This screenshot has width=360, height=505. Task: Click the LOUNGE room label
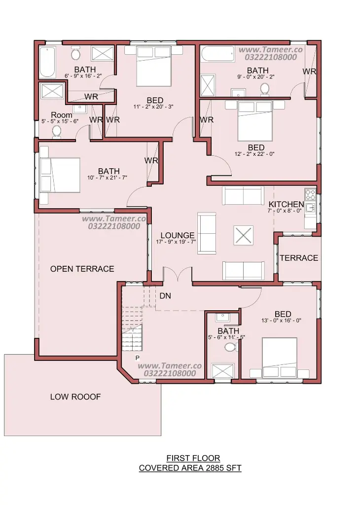(178, 235)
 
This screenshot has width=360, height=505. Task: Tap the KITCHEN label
(286, 204)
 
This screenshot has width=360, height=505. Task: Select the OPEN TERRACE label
(82, 269)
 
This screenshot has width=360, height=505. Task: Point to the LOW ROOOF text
(75, 397)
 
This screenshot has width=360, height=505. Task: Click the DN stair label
(165, 296)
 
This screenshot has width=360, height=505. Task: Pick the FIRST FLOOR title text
(193, 458)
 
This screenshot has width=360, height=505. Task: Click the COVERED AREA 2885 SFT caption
(190, 468)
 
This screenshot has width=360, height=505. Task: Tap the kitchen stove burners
(310, 194)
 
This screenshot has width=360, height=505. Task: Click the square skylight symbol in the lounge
(244, 235)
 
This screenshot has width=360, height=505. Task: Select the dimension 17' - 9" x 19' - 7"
(176, 242)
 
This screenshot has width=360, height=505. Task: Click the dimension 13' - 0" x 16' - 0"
(281, 321)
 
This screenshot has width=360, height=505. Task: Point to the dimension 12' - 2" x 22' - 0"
(254, 154)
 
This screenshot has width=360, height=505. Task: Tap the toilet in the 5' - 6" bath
(230, 347)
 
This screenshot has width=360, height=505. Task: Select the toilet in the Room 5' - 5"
(57, 131)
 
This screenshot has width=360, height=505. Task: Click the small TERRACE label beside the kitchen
(299, 257)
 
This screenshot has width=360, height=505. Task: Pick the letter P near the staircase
(138, 358)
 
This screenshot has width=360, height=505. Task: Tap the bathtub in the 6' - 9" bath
(48, 62)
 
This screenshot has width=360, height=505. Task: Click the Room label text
(62, 115)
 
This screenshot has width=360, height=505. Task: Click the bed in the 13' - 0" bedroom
(280, 358)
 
